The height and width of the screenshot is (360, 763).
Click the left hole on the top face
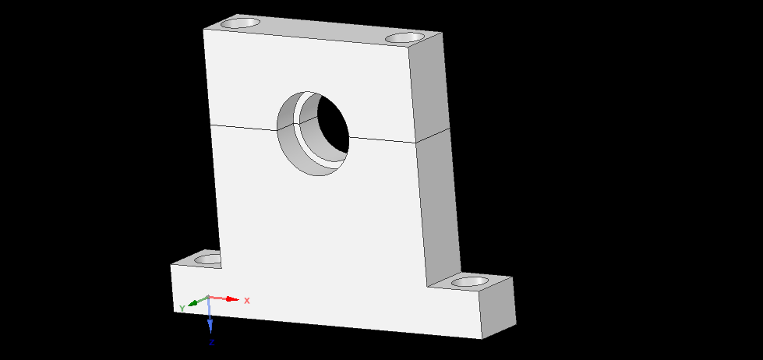point(241,23)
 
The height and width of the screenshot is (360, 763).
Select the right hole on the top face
point(404,37)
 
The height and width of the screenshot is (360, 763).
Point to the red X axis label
point(247,300)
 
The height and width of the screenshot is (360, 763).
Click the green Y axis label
point(182,309)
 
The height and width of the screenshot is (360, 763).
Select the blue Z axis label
point(211,342)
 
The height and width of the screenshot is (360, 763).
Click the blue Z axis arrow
point(210,319)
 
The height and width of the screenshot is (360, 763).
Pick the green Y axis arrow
point(195,302)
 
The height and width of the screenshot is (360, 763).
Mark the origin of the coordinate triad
point(208,298)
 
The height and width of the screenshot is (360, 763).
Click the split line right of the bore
point(382,139)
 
